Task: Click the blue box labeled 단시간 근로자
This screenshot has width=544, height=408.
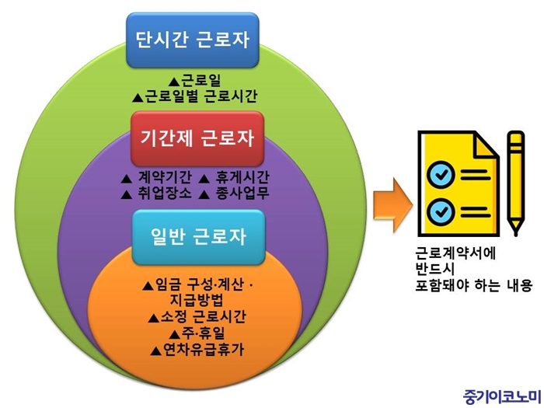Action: [193, 40]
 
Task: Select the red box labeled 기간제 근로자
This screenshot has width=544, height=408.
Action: [197, 138]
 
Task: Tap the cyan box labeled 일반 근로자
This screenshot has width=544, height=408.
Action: [198, 237]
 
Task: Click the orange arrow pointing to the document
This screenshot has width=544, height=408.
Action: [392, 205]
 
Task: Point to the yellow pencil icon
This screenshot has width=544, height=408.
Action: [515, 184]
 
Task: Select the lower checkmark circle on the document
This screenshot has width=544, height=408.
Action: [441, 211]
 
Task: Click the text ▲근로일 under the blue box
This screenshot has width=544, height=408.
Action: [194, 81]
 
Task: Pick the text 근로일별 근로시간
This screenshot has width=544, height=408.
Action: [201, 96]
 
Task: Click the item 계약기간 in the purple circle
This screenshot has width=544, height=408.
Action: [165, 177]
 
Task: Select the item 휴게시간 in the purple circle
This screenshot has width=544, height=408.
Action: [242, 177]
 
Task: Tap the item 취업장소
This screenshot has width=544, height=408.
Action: [165, 194]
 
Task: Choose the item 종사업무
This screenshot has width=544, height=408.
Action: [242, 194]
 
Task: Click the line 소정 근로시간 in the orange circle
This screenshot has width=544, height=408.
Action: [204, 316]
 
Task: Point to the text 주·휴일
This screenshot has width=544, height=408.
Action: [203, 333]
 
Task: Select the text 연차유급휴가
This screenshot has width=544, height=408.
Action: [204, 349]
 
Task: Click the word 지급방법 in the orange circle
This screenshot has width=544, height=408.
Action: [197, 300]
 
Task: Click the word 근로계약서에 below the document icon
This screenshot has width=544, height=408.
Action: [456, 253]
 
